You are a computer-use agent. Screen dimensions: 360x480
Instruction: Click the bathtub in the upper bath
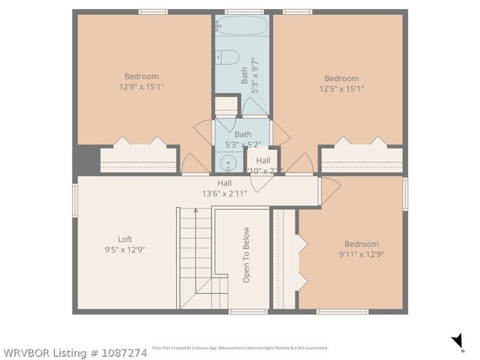tap(242, 26)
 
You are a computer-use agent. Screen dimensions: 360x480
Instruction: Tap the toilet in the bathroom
tap(227, 58)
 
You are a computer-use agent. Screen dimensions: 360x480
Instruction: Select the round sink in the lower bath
tap(227, 163)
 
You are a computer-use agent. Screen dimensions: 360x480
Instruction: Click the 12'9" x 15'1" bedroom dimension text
tap(141, 86)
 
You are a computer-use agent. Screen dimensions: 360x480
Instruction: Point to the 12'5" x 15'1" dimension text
tap(341, 88)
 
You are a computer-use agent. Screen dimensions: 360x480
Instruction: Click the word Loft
tap(124, 239)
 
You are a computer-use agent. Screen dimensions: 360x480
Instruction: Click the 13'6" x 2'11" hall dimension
tap(224, 193)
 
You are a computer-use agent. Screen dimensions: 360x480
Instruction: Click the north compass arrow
tap(457, 342)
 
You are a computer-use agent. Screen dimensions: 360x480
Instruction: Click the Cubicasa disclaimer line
tap(240, 348)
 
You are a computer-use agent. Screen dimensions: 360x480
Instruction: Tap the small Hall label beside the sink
tap(263, 160)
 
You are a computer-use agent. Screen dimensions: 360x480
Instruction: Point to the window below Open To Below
tap(248, 311)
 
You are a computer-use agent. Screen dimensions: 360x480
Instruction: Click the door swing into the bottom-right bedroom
tap(330, 190)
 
